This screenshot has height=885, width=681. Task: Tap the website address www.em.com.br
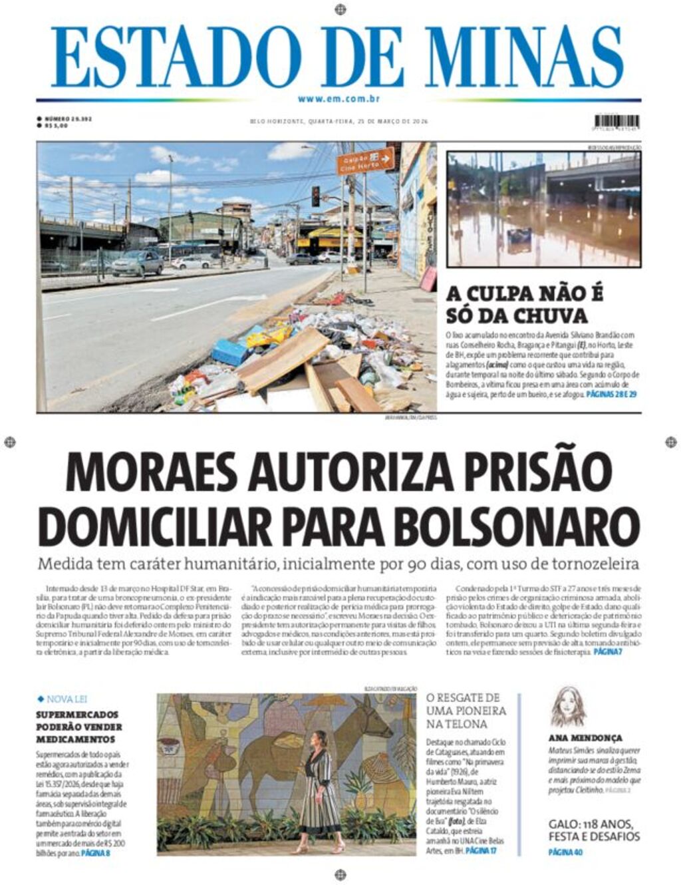(x=339, y=99)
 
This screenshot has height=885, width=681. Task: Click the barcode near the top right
(x=616, y=122)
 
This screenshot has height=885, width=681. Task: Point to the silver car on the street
(x=137, y=263)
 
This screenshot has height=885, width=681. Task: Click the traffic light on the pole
(x=315, y=196)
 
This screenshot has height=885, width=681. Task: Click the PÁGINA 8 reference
(x=95, y=852)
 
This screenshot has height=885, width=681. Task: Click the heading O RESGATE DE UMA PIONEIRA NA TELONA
(x=466, y=711)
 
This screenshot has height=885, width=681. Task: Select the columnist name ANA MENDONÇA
(x=585, y=738)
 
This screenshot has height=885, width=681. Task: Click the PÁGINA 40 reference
(x=565, y=852)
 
